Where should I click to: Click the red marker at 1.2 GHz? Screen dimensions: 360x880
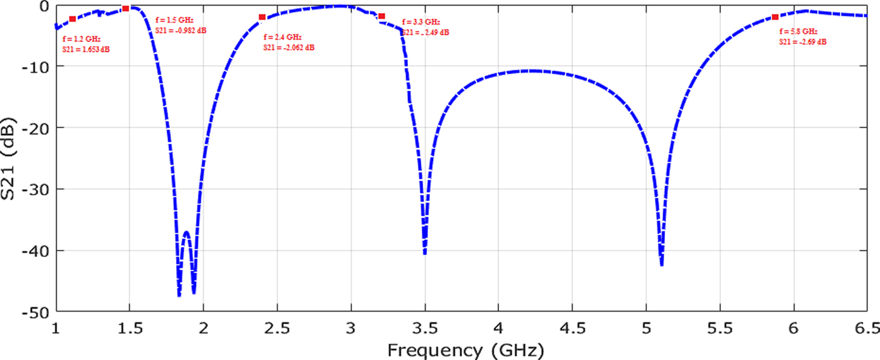pyautogui.click(x=72, y=19)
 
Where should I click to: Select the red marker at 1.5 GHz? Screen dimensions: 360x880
pyautogui.click(x=126, y=8)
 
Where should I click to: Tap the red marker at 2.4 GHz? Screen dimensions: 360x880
pyautogui.click(x=262, y=17)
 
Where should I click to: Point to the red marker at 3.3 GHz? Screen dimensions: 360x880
pyautogui.click(x=382, y=16)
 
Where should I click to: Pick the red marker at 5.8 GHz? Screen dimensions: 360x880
pyautogui.click(x=775, y=17)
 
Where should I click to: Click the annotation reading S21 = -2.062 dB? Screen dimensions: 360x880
pyautogui.click(x=289, y=48)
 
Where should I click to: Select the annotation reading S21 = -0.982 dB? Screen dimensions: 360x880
pyautogui.click(x=180, y=31)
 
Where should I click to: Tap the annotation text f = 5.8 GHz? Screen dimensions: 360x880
pyautogui.click(x=798, y=31)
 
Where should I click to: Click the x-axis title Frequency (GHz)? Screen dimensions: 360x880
pyautogui.click(x=465, y=349)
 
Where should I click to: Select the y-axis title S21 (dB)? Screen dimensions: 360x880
pyautogui.click(x=11, y=157)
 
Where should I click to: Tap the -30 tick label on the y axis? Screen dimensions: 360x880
pyautogui.click(x=36, y=189)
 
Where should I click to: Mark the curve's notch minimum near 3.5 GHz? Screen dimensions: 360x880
pyautogui.click(x=425, y=253)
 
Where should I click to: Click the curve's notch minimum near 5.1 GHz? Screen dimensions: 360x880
pyautogui.click(x=662, y=265)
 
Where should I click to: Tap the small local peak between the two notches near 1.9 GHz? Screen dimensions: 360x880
pyautogui.click(x=187, y=232)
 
